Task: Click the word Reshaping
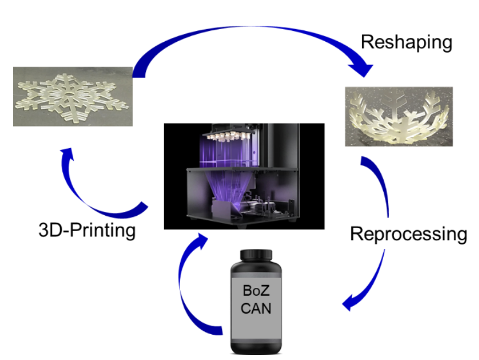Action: (406, 42)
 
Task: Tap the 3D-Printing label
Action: (87, 230)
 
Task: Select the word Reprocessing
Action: (409, 234)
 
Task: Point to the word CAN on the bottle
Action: (257, 308)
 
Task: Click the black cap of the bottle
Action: (257, 255)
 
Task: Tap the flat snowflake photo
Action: (73, 96)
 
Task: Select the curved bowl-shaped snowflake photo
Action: (399, 116)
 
